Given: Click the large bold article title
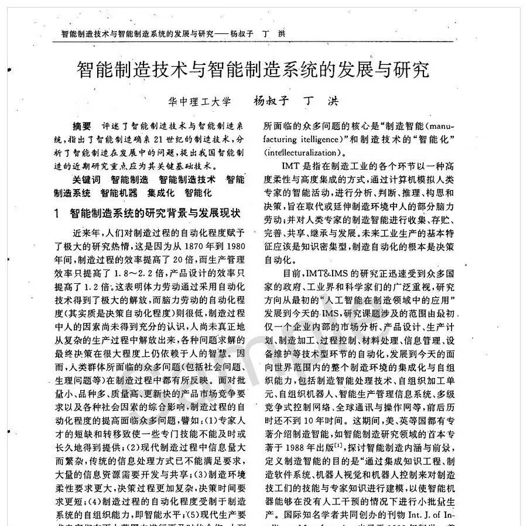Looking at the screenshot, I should [254, 71].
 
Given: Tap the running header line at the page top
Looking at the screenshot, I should [173, 33].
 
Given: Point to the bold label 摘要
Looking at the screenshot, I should [81, 126].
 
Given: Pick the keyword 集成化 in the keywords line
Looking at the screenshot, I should [163, 192].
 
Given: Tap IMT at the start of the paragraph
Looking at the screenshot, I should [291, 167].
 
